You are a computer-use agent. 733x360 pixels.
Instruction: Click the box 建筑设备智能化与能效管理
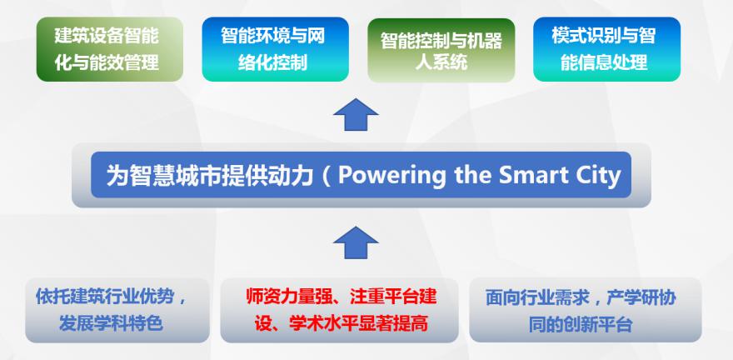tap(110, 49)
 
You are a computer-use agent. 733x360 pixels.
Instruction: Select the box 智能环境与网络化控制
tap(276, 49)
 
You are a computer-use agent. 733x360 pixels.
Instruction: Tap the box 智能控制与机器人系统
tap(441, 50)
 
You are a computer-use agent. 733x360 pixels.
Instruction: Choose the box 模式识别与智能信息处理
tap(606, 49)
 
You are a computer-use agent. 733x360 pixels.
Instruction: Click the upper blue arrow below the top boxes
tap(356, 114)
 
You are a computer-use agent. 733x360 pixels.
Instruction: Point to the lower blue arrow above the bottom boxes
tap(356, 242)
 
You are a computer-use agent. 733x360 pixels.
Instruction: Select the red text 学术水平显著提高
tap(358, 324)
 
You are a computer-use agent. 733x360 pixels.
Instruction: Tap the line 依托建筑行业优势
tap(105, 297)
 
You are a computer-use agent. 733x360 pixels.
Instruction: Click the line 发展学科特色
tap(111, 323)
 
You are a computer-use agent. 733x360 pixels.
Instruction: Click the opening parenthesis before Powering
tap(327, 176)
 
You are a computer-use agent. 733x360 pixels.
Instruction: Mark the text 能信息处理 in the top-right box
tap(604, 62)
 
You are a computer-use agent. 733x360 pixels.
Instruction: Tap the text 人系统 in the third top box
tap(441, 62)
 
